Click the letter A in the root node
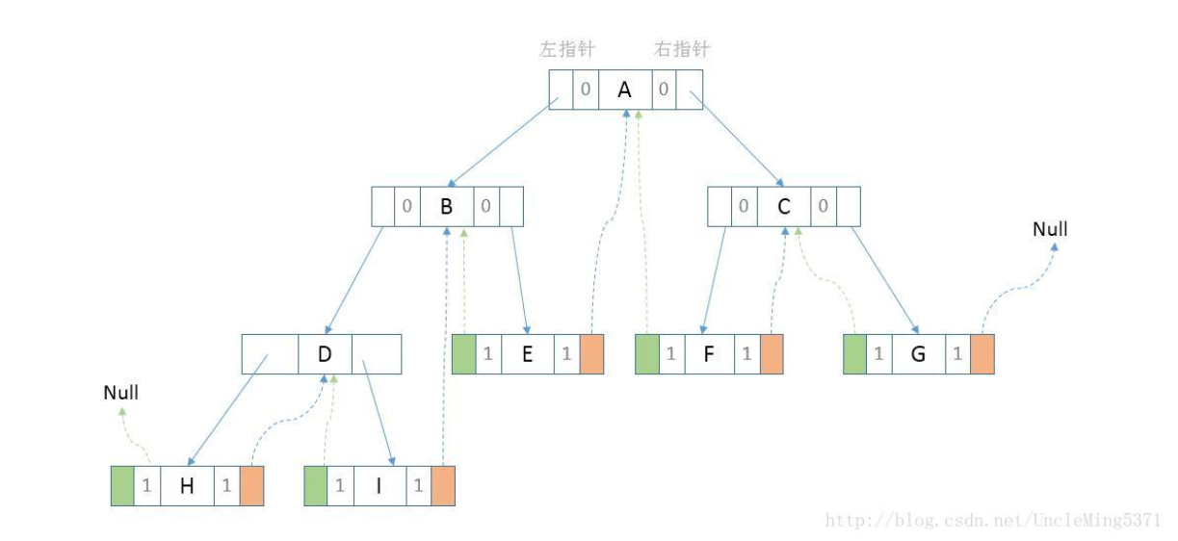point(624,90)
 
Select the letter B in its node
point(446,206)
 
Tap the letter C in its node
point(783,206)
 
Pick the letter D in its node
point(325,354)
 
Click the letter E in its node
point(527,354)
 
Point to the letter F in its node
point(709,354)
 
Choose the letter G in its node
point(918,354)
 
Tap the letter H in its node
point(187,486)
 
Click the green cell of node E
point(463,354)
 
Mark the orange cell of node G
point(982,354)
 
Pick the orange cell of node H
point(251,486)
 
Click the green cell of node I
point(315,486)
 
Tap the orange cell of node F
point(772,354)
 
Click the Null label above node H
point(121,393)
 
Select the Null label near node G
point(1050,230)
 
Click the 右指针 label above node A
point(681,48)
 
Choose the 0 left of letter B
point(407,206)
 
